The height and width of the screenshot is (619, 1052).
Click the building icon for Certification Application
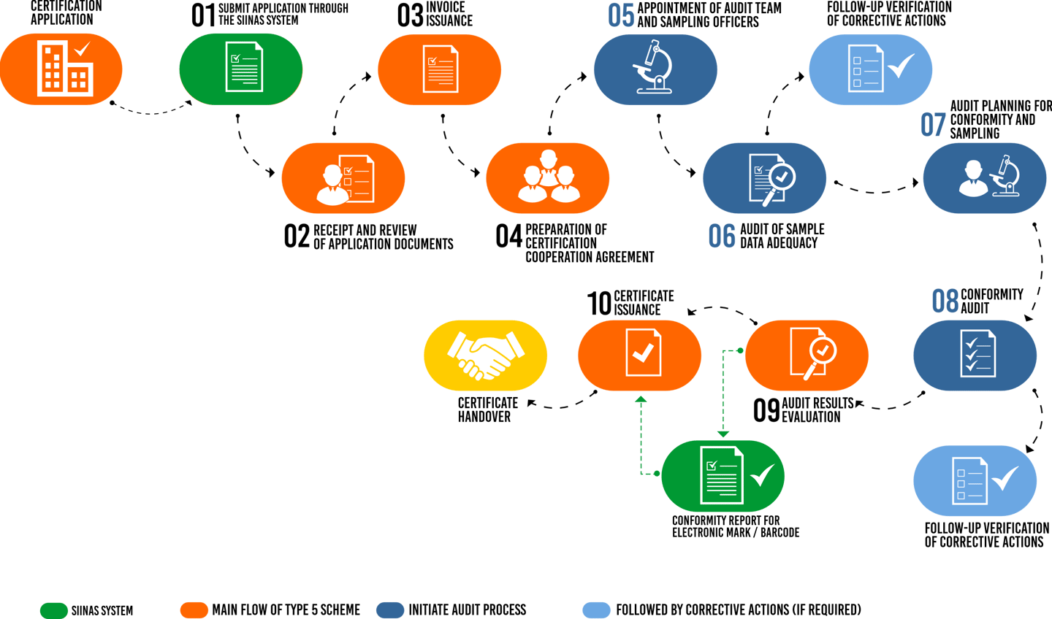(64, 68)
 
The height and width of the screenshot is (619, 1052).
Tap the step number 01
(202, 15)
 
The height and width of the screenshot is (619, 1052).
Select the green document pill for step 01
(241, 69)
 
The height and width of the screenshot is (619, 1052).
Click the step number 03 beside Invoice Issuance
(410, 15)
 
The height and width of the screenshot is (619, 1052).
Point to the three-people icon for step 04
(548, 177)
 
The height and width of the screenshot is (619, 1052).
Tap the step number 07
(934, 123)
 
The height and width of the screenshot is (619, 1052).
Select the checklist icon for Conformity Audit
(977, 355)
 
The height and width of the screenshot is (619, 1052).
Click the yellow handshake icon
(485, 355)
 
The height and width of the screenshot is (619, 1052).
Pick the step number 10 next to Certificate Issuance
(599, 303)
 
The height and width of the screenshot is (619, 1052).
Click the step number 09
(766, 410)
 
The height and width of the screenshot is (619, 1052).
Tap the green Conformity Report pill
(723, 475)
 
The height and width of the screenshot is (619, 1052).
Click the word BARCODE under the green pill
(780, 533)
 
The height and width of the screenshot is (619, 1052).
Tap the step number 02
(297, 237)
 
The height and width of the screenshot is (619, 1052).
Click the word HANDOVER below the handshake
(484, 417)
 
